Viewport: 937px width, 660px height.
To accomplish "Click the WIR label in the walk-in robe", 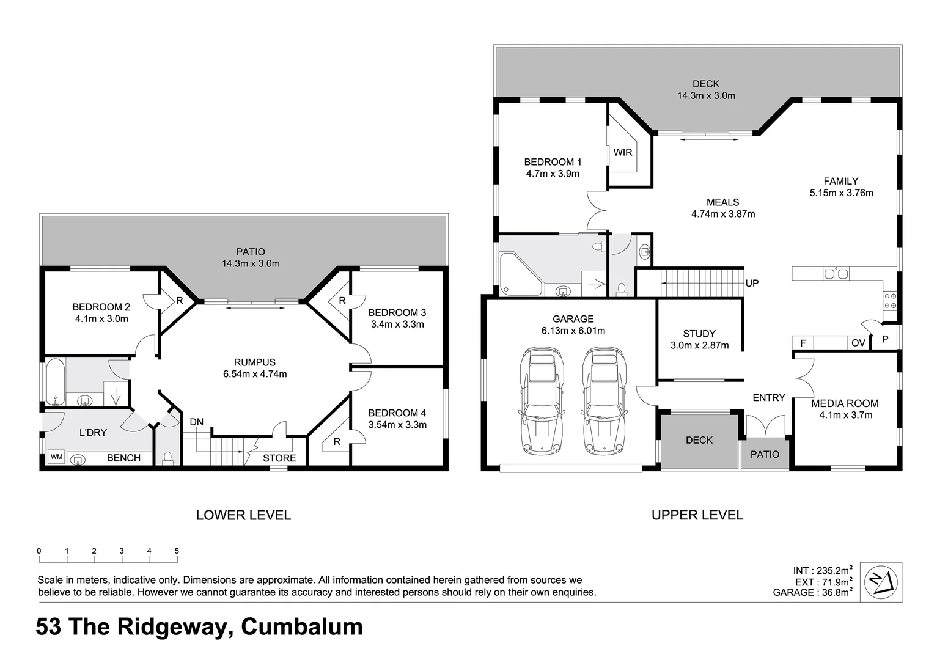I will (x=623, y=152).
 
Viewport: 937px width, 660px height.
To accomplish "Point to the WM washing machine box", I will (x=56, y=457).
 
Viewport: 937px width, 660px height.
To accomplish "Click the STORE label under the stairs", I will (x=279, y=458).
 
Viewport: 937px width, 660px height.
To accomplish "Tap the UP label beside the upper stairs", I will (x=752, y=284).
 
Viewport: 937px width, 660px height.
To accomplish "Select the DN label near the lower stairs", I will (x=196, y=422).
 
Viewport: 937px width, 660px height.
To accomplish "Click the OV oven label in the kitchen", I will (x=858, y=343).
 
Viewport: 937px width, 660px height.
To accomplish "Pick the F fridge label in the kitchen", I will (x=803, y=343).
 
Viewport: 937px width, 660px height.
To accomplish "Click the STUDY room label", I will (x=699, y=334).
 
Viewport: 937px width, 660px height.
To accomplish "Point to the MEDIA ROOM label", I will (x=845, y=403).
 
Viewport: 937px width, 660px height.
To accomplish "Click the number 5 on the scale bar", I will (x=177, y=551).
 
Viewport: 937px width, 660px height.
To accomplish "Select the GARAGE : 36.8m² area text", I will (x=812, y=592).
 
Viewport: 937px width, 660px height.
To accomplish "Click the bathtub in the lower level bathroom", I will (x=54, y=383).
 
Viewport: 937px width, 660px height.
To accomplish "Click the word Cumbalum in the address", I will (x=302, y=627).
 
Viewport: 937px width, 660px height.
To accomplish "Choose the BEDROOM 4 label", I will (x=397, y=413).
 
